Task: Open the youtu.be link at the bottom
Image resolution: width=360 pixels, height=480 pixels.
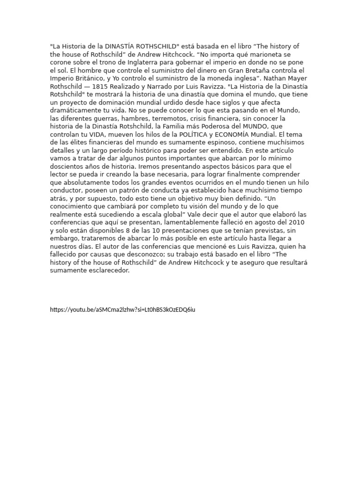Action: (x=122, y=310)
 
